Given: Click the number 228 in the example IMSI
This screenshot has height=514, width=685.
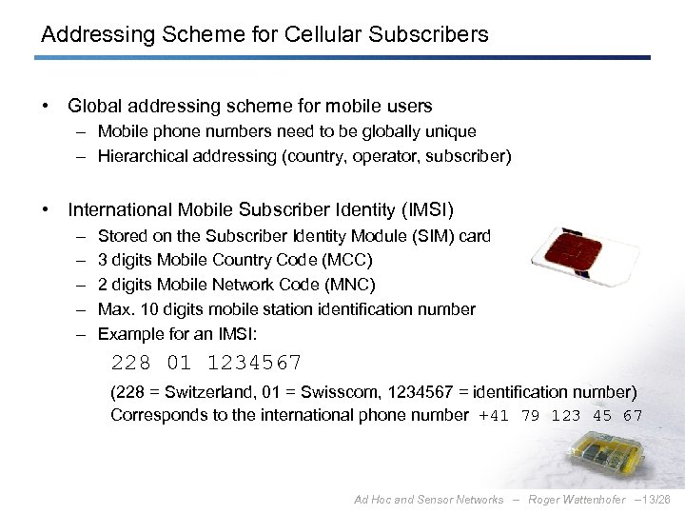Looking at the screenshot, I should pyautogui.click(x=130, y=363).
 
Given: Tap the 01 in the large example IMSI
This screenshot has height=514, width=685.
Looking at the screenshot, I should pyautogui.click(x=178, y=363).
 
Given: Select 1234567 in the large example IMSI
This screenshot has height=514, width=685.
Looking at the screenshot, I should pyautogui.click(x=254, y=363).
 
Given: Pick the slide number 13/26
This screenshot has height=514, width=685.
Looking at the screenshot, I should pyautogui.click(x=660, y=500).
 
